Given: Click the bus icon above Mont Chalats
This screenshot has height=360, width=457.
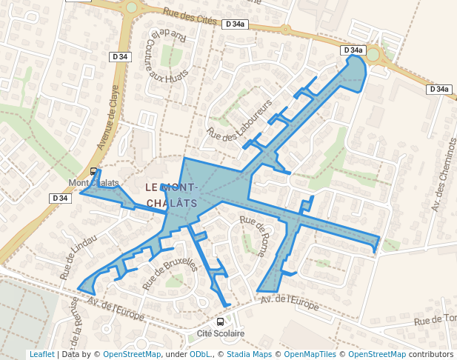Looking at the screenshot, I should tap(93, 172).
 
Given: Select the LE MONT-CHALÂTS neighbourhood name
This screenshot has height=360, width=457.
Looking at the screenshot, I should tap(171, 195).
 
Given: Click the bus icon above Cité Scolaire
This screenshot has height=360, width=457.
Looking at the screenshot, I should tap(220, 322).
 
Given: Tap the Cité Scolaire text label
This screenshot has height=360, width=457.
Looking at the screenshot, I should tap(221, 334).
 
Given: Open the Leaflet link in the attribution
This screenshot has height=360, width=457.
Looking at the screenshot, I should tap(41, 355).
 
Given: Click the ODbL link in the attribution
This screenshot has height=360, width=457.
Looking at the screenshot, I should tap(200, 355).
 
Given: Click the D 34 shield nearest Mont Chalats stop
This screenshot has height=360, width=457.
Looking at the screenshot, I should tap(60, 198).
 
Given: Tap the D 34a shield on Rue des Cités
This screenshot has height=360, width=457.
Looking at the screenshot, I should tap(235, 24).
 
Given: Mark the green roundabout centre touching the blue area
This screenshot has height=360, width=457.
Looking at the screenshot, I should tap(373, 55).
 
